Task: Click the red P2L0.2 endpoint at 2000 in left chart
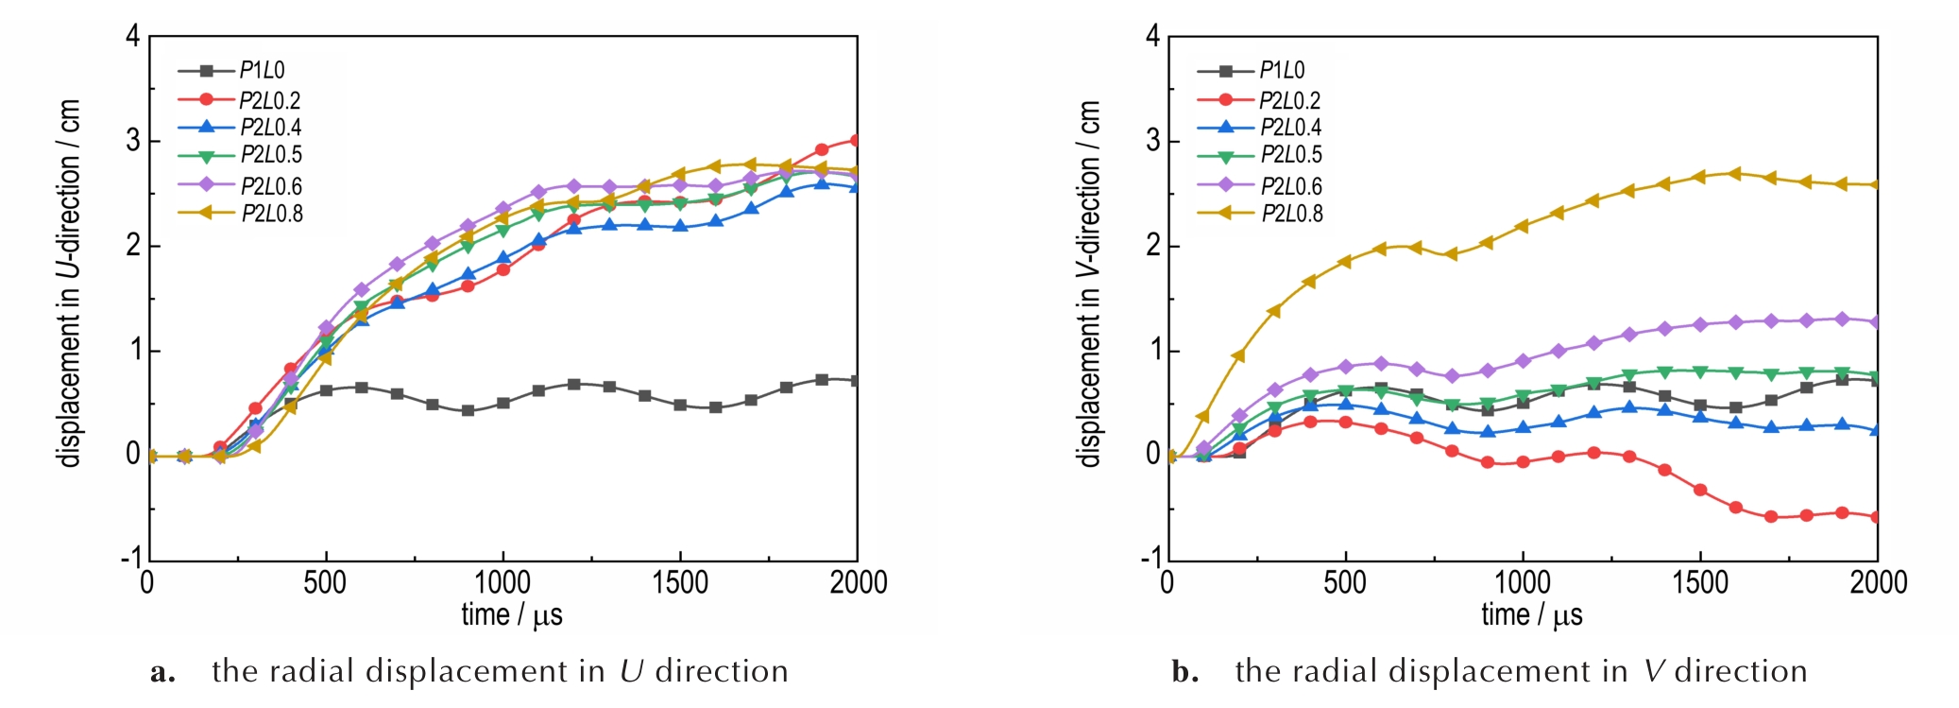click(856, 141)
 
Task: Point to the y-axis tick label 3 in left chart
click(133, 141)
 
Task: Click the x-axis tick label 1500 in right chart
click(1700, 582)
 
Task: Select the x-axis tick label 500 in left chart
click(325, 582)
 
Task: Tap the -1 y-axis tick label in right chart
click(1150, 558)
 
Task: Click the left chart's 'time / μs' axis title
click(511, 615)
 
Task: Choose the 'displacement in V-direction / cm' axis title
click(1090, 284)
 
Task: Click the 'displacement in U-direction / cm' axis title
click(70, 284)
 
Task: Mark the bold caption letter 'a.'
click(162, 672)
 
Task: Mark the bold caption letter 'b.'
click(1184, 672)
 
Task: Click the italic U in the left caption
click(631, 671)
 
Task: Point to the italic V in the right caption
click(1653, 671)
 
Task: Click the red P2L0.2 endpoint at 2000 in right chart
click(1876, 517)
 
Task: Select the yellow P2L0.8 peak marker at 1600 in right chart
click(1734, 174)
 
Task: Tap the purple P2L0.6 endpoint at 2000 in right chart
click(1876, 322)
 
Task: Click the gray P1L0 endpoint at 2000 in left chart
click(856, 381)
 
